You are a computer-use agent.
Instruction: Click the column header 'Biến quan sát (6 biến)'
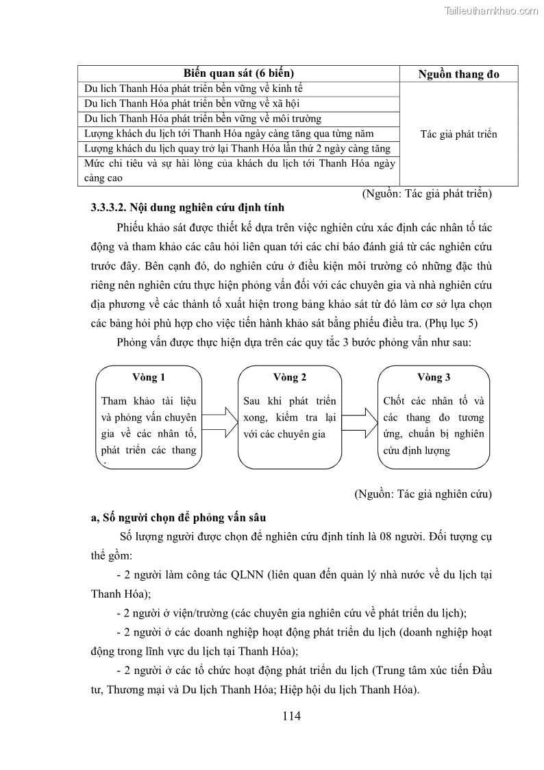point(238,73)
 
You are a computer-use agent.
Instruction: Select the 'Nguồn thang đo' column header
point(458,74)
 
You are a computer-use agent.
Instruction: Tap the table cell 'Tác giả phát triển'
point(458,134)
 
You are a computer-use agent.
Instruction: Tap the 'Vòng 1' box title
point(149,377)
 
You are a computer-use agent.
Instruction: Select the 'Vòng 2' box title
point(289,377)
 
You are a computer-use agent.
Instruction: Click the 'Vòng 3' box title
point(434,377)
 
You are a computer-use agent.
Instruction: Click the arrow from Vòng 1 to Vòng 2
point(219,418)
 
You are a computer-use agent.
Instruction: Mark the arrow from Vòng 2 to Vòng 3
point(360,418)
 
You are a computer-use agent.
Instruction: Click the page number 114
point(291,717)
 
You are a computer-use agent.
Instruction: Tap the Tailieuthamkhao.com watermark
point(491,10)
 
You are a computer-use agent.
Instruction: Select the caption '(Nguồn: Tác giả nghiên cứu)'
point(423,494)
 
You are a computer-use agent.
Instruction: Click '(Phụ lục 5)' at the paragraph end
point(460,322)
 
